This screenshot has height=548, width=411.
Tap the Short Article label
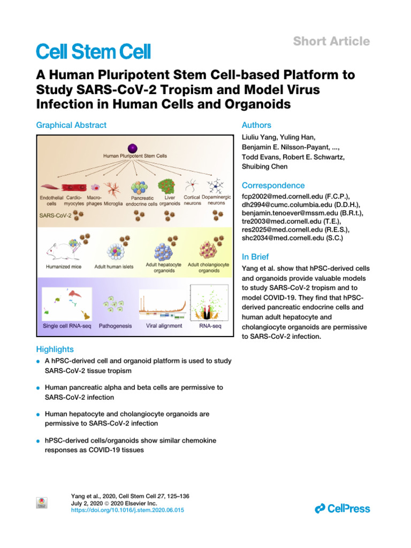331,41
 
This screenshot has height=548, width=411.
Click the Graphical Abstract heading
71,125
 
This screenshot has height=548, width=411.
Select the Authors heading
256,125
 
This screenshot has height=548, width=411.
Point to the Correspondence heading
273,186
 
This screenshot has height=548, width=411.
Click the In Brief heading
255,257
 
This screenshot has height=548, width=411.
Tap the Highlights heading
55,349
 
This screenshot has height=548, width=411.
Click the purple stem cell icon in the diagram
132,148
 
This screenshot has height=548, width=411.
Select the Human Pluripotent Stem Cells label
135,156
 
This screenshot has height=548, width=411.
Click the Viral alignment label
164,325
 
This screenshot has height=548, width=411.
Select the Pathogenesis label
115,325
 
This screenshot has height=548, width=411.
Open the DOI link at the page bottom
127,511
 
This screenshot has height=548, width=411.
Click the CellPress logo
342,508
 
